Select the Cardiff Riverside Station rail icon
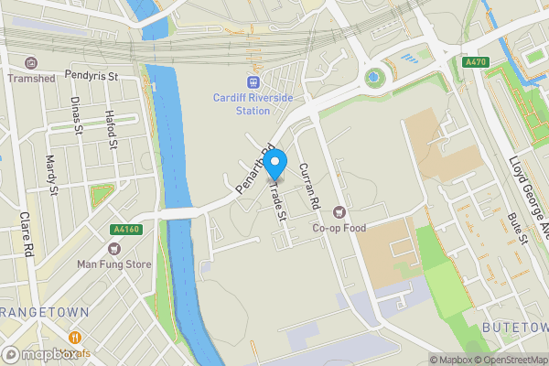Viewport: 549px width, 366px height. click(x=241, y=81)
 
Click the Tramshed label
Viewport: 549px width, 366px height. click(x=32, y=79)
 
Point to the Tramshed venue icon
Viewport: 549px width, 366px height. click(x=32, y=63)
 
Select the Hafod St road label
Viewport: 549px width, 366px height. click(x=112, y=129)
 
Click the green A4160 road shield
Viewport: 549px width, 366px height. click(x=124, y=230)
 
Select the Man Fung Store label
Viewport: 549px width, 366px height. click(x=113, y=264)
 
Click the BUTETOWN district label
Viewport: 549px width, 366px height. click(x=515, y=327)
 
